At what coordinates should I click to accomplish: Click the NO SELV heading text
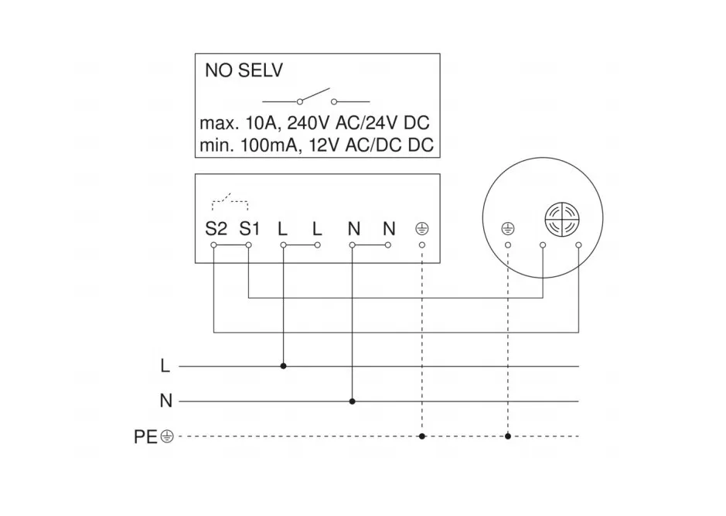(244, 71)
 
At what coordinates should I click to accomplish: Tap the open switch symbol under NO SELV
(316, 98)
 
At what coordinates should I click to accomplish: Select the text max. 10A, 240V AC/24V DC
(315, 123)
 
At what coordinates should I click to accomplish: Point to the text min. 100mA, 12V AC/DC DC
(316, 145)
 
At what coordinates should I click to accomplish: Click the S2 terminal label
(216, 229)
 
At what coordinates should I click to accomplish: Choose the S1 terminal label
(250, 229)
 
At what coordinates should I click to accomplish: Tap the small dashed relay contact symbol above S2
(230, 203)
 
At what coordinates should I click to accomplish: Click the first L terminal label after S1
(283, 229)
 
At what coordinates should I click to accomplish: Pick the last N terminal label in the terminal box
(388, 229)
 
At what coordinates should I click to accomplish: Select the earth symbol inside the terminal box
(422, 230)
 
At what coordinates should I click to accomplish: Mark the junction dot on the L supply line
(284, 365)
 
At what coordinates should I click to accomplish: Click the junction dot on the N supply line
(353, 402)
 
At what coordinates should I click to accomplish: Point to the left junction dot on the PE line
(422, 436)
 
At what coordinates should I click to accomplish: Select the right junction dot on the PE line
(508, 436)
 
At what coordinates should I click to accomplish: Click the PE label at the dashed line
(145, 437)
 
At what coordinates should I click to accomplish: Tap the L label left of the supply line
(165, 366)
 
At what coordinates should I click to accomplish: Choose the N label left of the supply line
(165, 402)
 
